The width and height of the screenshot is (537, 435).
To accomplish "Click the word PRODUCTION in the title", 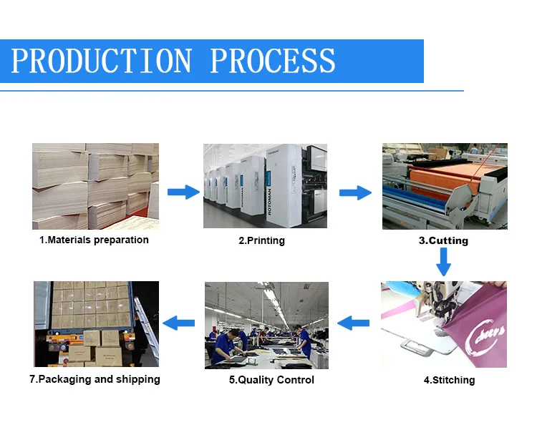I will (102, 61).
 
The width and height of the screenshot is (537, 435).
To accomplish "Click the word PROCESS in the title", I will (273, 61).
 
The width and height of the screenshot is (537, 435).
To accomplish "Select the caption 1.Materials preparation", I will (94, 240).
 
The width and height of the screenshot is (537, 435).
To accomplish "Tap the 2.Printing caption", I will (261, 240).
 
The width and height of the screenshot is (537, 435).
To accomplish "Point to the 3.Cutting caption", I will (443, 240).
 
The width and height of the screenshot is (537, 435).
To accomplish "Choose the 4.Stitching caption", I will (449, 380).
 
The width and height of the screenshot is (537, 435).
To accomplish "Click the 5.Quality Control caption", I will (271, 380).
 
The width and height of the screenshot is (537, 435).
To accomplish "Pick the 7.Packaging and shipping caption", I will (95, 379).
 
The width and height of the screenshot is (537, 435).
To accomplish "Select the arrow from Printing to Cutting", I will (354, 192).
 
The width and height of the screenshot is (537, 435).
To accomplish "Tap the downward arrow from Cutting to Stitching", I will (444, 262).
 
